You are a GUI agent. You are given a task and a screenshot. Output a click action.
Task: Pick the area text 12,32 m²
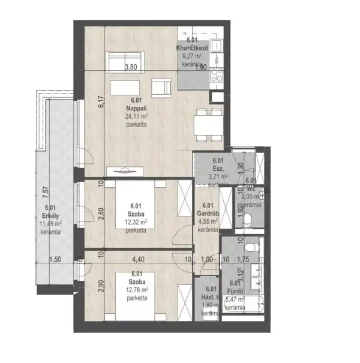coord(135,221)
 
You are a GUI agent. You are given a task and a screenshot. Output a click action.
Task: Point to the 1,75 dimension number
coord(242,260)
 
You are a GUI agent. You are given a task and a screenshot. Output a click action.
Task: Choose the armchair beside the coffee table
coord(160,87)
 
